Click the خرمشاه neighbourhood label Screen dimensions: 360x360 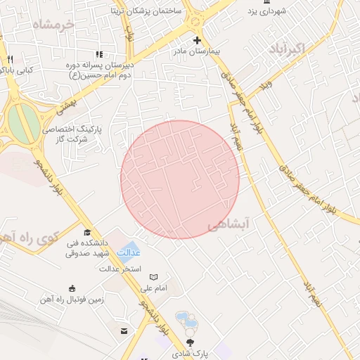(x=52, y=25)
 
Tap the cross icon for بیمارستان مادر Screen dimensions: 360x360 (x=197, y=40)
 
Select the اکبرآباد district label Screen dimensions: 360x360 (x=288, y=49)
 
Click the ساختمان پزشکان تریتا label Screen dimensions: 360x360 (x=146, y=11)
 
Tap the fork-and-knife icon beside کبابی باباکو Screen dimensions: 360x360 (x=10, y=59)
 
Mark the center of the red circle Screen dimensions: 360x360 (x=180, y=179)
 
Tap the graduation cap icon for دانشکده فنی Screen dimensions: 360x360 (x=87, y=233)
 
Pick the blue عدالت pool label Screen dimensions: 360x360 (x=128, y=252)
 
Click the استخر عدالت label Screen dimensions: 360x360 (x=120, y=269)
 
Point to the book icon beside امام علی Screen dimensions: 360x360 (x=154, y=278)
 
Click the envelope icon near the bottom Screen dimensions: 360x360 (x=124, y=330)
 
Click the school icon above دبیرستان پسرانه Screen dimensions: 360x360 (x=99, y=53)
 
